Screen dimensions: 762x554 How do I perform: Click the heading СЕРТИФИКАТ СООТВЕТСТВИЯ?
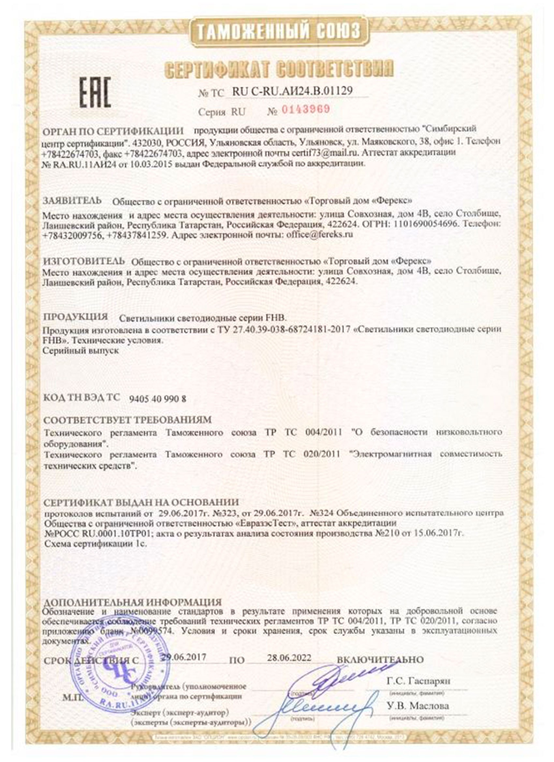[x=279, y=68]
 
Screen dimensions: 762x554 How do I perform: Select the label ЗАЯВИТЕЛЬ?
[x=72, y=201]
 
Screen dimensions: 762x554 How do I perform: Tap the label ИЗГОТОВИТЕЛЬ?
[x=84, y=261]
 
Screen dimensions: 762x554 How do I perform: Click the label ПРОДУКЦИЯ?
[x=76, y=317]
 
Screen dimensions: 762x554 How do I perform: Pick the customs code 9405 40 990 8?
[x=157, y=399]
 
